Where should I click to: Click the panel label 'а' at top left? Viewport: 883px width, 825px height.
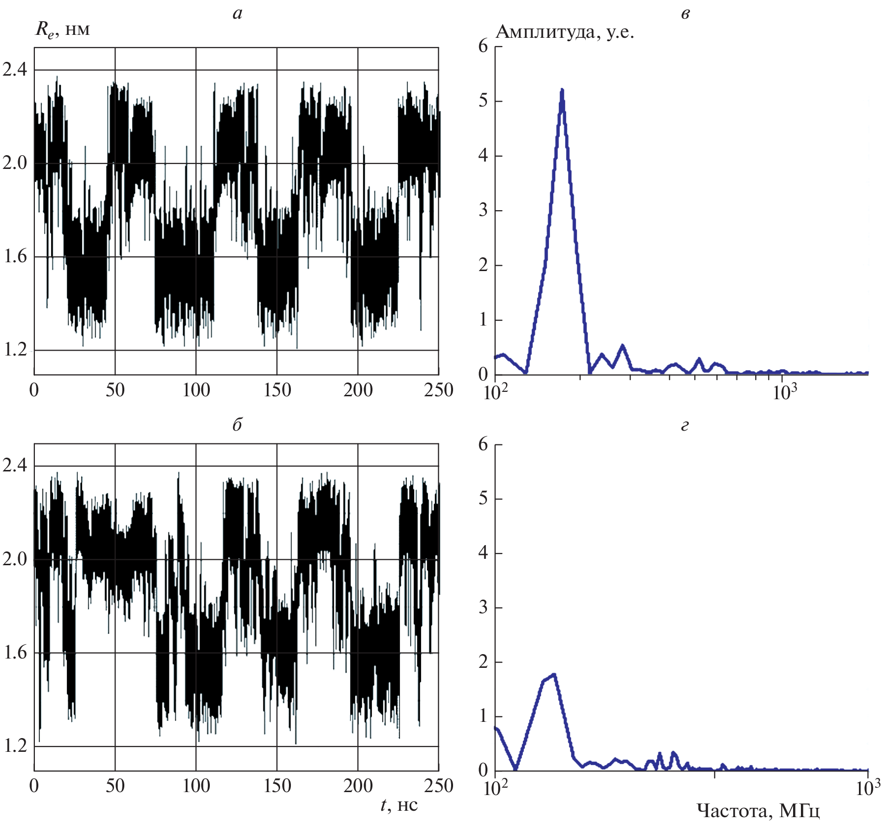pyautogui.click(x=237, y=14)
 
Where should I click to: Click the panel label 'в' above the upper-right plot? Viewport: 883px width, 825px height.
pyautogui.click(x=685, y=14)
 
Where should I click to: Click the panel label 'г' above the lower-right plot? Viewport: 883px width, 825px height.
pyautogui.click(x=685, y=425)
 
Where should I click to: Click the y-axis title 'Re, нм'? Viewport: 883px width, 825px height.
pyautogui.click(x=62, y=30)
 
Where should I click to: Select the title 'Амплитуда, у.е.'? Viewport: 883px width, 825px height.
pyautogui.click(x=565, y=32)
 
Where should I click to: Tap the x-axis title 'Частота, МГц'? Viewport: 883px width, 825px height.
pyautogui.click(x=758, y=810)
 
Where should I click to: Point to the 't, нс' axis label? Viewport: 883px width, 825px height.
pyautogui.click(x=399, y=805)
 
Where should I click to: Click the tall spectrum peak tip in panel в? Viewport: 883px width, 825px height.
pyautogui.click(x=562, y=90)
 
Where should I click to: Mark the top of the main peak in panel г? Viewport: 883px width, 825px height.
pyautogui.click(x=554, y=675)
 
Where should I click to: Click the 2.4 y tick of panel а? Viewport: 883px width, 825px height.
pyautogui.click(x=15, y=70)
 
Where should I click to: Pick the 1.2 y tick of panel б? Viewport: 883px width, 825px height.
pyautogui.click(x=15, y=746)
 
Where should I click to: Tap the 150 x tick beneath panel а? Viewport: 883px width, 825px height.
pyautogui.click(x=277, y=390)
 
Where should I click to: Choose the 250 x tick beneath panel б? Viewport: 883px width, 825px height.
pyautogui.click(x=438, y=786)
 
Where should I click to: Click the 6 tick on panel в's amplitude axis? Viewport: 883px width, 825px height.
pyautogui.click(x=483, y=46)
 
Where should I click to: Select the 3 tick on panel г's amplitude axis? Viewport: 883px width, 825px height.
pyautogui.click(x=483, y=607)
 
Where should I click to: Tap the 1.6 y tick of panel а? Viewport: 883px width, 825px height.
pyautogui.click(x=15, y=256)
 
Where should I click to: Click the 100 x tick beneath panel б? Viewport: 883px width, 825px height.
pyautogui.click(x=196, y=786)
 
